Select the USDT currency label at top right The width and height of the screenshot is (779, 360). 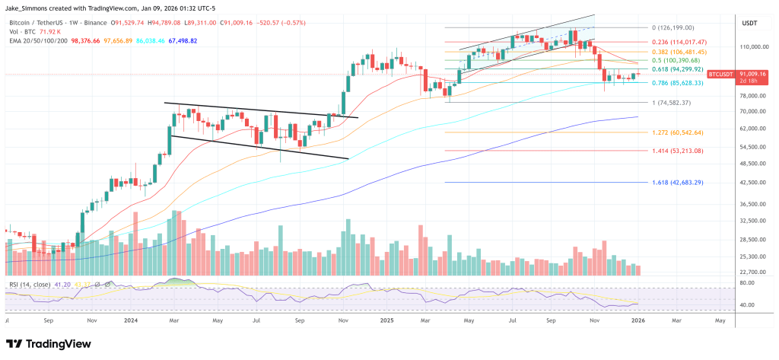click(750, 24)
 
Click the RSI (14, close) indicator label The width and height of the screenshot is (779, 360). click(30, 285)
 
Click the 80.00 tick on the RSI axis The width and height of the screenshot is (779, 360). click(749, 283)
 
